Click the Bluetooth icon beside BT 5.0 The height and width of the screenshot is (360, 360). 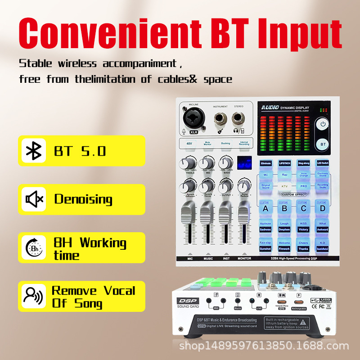(x=33, y=151)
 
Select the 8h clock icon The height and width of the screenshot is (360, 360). (x=33, y=248)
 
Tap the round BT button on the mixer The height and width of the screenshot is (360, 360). (x=323, y=144)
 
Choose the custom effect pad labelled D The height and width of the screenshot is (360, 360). (x=322, y=208)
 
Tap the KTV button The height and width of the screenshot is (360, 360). (x=284, y=185)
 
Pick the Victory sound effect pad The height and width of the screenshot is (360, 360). (x=303, y=229)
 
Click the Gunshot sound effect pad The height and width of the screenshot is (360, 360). (x=265, y=248)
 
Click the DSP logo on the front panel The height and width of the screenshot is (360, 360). (x=183, y=301)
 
